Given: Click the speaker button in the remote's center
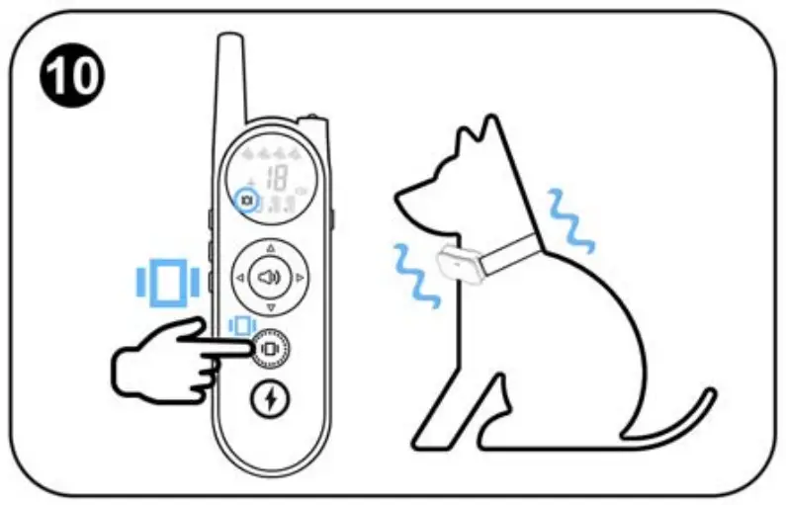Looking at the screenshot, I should [270, 278].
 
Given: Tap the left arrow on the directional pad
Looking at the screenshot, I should [238, 278].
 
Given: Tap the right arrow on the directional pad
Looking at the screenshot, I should [301, 278].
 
